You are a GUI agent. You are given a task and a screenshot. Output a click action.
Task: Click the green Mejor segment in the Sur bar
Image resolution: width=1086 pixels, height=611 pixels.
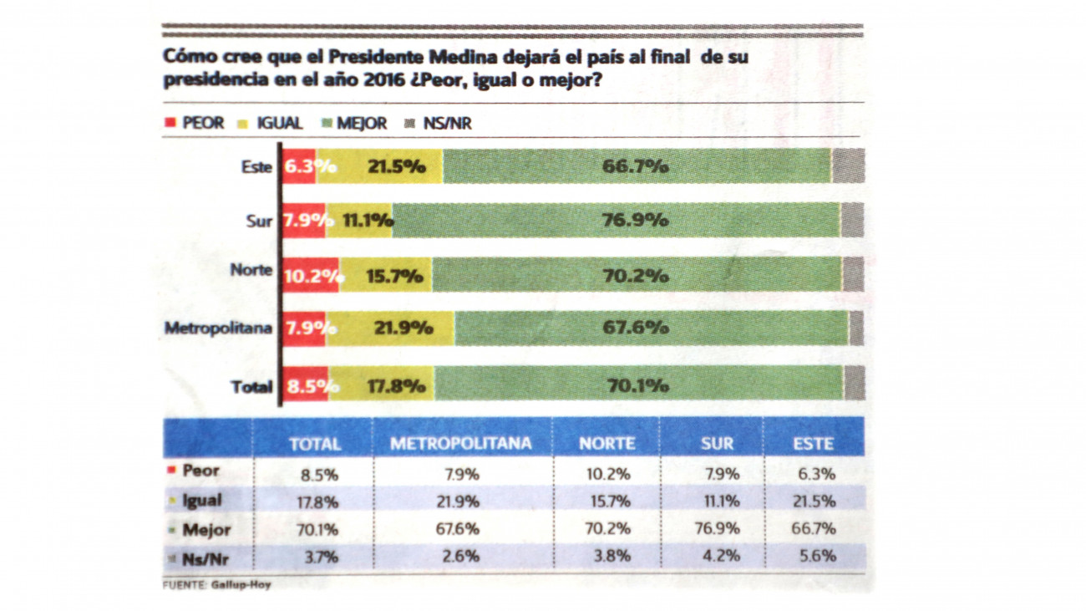[x=617, y=221]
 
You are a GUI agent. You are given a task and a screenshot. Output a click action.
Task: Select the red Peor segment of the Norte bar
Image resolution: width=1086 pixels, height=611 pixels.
[x=310, y=275]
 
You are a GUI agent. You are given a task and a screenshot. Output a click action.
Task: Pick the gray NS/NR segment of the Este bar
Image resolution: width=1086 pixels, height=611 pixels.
[x=847, y=166]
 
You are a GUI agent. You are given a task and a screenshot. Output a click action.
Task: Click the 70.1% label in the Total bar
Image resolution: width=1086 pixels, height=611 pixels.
[x=636, y=386]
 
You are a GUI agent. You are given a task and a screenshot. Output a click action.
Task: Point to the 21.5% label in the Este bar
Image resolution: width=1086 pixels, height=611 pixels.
[x=397, y=166]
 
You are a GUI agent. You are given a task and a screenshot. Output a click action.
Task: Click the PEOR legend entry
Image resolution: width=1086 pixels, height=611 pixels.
[x=195, y=124]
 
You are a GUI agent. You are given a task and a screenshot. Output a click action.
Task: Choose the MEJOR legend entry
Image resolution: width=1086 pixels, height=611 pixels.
[x=354, y=124]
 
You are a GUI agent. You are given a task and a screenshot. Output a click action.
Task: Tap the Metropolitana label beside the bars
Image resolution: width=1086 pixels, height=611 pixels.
[x=218, y=328]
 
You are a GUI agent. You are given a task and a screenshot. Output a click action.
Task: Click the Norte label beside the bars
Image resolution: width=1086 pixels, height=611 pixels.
[x=251, y=270]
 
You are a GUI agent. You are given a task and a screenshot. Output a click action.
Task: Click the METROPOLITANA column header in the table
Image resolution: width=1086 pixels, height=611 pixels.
[x=461, y=443]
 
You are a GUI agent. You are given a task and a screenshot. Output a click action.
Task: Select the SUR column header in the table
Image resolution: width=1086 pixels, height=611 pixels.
[x=717, y=443]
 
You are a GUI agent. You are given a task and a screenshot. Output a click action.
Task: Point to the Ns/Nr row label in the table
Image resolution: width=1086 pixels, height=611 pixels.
[x=201, y=558]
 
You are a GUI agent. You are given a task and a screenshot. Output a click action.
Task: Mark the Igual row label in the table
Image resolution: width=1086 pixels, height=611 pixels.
[x=201, y=501]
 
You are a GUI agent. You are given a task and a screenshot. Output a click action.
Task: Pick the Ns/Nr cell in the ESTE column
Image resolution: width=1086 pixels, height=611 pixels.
[x=816, y=556]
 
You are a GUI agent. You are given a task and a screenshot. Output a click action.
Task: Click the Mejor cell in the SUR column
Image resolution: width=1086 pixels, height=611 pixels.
[x=721, y=529]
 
